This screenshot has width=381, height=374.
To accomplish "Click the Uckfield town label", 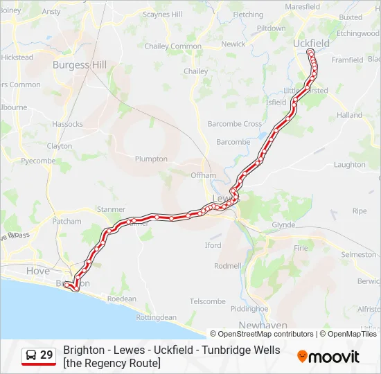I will coord(311,43).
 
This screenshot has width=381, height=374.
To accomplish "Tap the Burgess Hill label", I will coord(80,65).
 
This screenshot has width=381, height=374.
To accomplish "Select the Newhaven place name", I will coord(258,325).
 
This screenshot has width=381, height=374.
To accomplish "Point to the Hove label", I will coord(37,271).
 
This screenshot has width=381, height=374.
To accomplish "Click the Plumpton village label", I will coord(151,159).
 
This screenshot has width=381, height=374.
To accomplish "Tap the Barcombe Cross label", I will coord(235,124).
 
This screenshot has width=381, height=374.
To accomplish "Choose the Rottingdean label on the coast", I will coord(156,317).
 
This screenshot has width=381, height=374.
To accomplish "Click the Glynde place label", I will coord(283,225).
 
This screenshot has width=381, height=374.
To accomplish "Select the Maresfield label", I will coord(302,7).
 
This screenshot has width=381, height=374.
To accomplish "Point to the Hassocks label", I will coord(67,125).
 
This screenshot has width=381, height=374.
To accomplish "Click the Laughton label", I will coord(349,165).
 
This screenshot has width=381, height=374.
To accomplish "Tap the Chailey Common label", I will coord(174,46).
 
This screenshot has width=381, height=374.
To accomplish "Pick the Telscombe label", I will coord(208,301).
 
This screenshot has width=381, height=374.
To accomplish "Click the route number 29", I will coord(46,355).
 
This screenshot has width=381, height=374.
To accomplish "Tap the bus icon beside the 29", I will coord(31,355).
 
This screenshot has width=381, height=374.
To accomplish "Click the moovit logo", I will coord(328,357).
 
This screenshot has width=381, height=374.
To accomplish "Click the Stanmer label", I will coord(111,209).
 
